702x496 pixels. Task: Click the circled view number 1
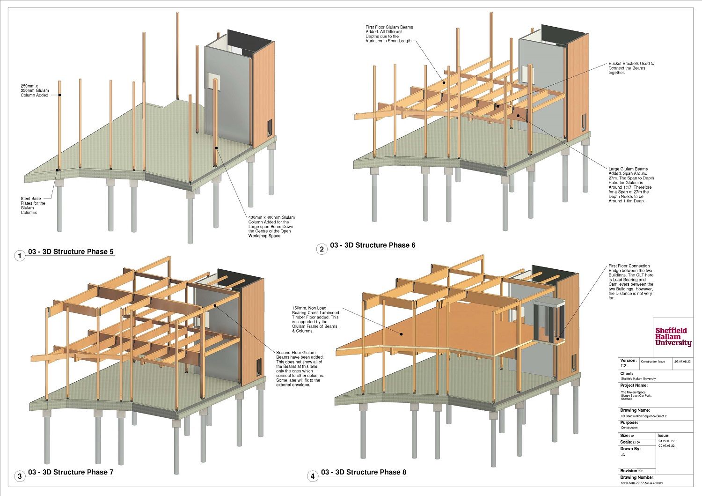coord(20,256)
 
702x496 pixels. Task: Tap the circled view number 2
coord(322,249)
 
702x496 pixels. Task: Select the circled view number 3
coord(20,477)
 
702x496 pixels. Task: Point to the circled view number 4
coord(312,477)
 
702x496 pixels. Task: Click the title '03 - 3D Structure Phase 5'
coord(71,252)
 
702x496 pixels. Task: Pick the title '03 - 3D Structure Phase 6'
coord(373,245)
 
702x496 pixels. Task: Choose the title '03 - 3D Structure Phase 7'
coord(71,472)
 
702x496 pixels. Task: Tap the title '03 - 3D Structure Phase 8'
coord(363,472)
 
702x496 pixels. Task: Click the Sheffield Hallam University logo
coord(673,337)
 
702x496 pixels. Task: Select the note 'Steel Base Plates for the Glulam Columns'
coord(33,206)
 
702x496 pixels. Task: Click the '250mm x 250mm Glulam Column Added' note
coord(35,90)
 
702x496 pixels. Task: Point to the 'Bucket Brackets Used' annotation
coord(631,68)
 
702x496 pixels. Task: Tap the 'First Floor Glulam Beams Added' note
coord(389,34)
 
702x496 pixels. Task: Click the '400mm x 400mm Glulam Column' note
coord(271,227)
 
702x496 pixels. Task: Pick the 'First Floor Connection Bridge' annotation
coord(631,282)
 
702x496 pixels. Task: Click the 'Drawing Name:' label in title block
coord(635,410)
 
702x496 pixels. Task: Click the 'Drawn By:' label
coord(630,449)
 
